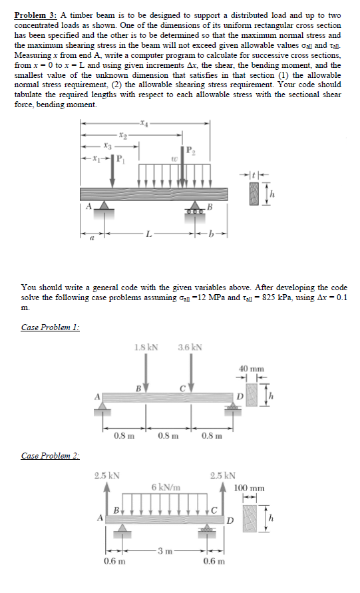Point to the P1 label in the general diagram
click(120, 159)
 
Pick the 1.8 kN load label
click(146, 347)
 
